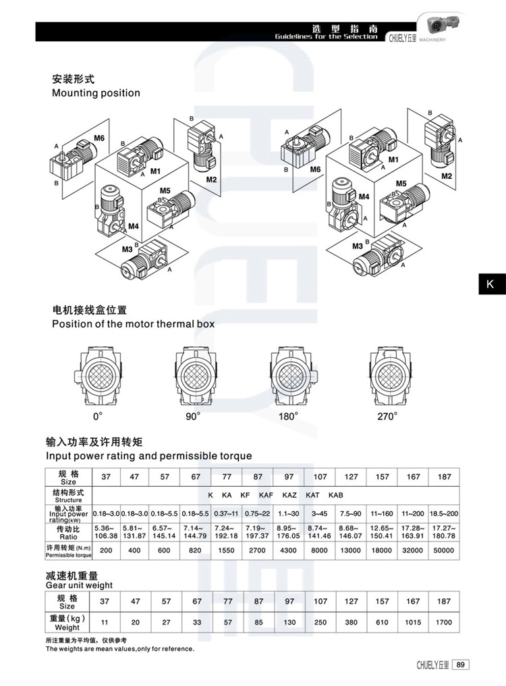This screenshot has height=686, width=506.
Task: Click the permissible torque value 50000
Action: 443,551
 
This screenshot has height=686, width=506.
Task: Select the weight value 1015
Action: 412,622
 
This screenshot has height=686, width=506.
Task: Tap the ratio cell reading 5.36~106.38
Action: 105,531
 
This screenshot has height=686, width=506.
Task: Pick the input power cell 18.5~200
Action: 443,512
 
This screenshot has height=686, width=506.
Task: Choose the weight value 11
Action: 105,622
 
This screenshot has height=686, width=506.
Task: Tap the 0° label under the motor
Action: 99,416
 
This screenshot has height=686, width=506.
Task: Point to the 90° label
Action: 193,416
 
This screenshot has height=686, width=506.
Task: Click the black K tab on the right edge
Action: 490,284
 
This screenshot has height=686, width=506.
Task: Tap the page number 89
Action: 461,664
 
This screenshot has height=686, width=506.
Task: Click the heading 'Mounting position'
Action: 96,93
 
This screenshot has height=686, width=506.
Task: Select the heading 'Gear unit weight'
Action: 79,585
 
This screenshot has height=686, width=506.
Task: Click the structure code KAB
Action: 335,495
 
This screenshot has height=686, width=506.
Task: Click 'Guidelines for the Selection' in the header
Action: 326,36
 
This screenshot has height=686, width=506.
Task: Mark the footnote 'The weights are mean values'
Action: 119,649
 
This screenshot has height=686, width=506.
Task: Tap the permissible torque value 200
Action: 105,551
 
